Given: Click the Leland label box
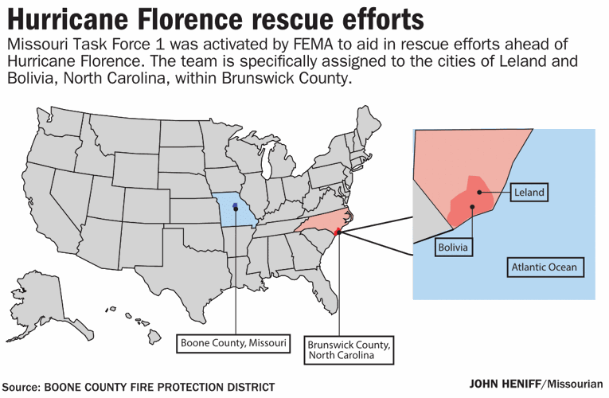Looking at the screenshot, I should (529, 193).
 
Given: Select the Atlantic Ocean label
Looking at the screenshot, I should (544, 267).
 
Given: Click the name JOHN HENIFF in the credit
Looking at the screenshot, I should (504, 382).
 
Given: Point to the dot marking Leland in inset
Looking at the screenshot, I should (482, 191).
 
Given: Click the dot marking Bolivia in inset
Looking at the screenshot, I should (472, 209).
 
